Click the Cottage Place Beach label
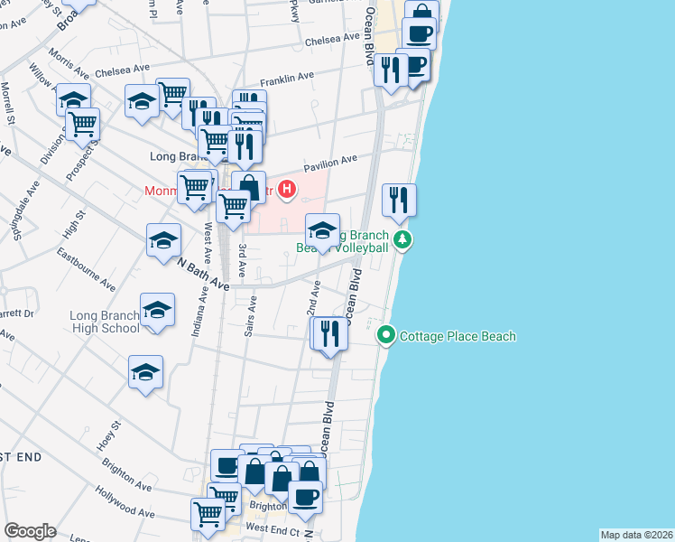coord(458,337)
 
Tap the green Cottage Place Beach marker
coord(386,336)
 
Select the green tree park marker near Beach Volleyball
coord(402,240)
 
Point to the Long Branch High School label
coord(105,322)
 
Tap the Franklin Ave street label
coord(287,80)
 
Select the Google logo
coord(30,531)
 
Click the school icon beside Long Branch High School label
coord(157,309)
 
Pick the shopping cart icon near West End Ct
coord(208,514)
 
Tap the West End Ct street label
coord(272,528)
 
